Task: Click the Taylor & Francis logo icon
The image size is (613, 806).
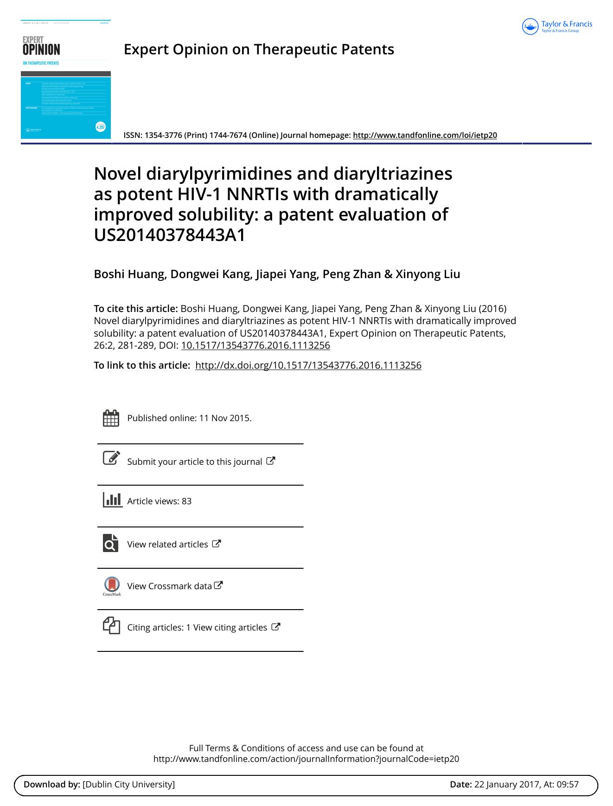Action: [530, 26]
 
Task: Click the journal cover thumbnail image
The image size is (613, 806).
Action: [66, 79]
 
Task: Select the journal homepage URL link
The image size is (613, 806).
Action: [425, 135]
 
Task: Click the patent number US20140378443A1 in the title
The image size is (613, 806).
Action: [170, 235]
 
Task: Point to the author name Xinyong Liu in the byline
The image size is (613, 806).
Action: [428, 274]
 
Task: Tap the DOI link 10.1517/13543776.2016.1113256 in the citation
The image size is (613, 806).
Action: [255, 345]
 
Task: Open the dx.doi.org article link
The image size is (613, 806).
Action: [308, 365]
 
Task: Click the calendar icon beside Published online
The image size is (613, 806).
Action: [111, 418]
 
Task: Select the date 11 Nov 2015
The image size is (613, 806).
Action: [225, 418]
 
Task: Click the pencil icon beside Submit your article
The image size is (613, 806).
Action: [111, 458]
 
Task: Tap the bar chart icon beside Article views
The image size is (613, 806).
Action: [112, 500]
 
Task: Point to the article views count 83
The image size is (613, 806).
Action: [186, 501]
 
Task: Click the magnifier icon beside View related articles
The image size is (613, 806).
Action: [111, 543]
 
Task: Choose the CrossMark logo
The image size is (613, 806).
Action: [112, 586]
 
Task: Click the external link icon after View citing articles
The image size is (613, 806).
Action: [275, 627]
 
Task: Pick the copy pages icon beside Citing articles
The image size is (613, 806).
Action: [111, 625]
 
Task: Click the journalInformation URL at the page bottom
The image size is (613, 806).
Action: [306, 759]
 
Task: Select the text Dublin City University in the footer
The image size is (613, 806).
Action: [128, 784]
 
